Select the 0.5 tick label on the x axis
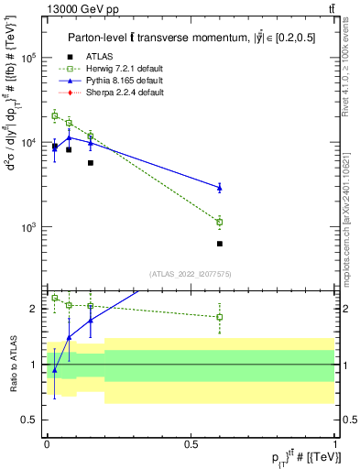[x=191, y=444]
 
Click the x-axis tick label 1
[x=335, y=444]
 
